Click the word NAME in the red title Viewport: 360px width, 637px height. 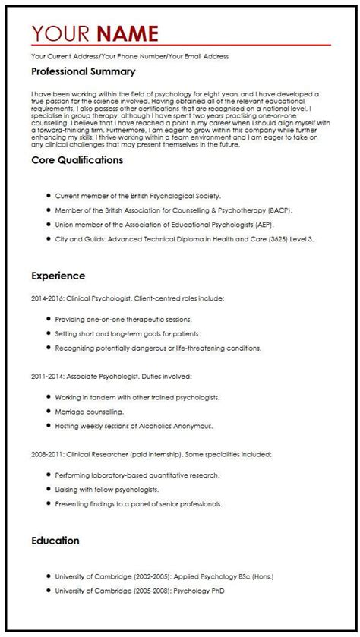pyautogui.click(x=128, y=33)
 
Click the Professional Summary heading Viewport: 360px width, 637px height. pyautogui.click(x=84, y=71)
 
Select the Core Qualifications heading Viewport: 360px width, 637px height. pyautogui.click(x=77, y=160)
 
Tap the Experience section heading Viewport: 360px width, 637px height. pyautogui.click(x=58, y=276)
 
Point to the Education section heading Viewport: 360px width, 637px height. pyautogui.click(x=55, y=541)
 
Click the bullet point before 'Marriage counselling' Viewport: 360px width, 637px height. pyautogui.click(x=48, y=412)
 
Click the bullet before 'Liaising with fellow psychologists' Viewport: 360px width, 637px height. pyautogui.click(x=48, y=490)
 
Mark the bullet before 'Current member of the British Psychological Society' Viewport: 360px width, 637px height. pyautogui.click(x=48, y=196)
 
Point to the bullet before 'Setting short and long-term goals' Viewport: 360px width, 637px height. pyautogui.click(x=48, y=333)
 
